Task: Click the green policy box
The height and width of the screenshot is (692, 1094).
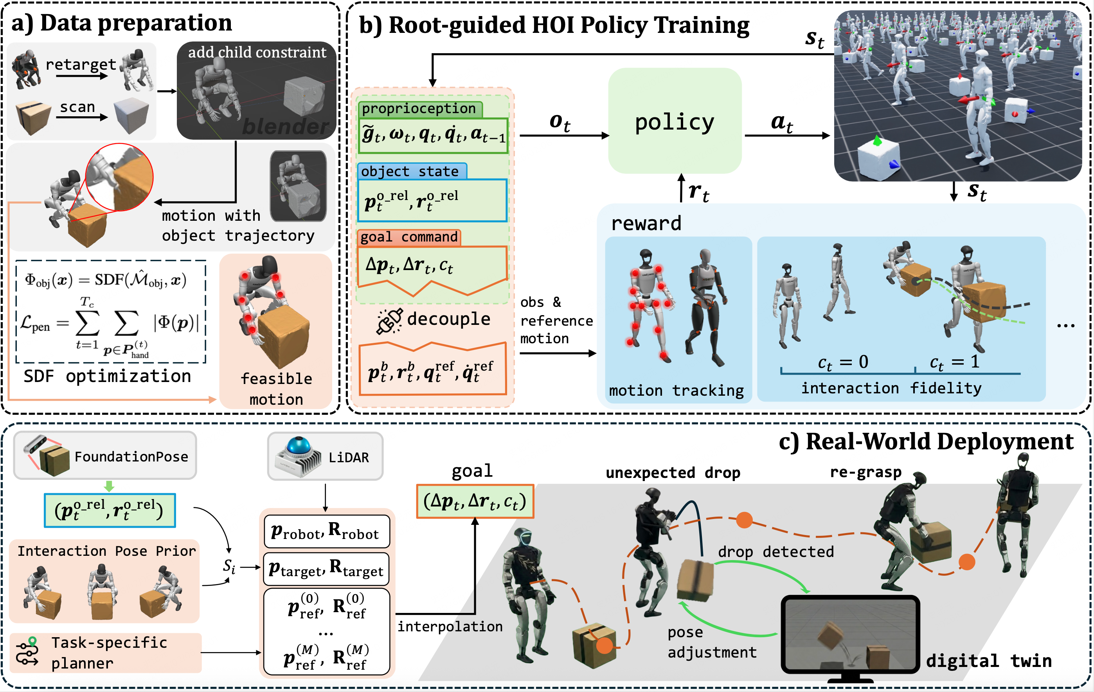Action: coord(674,121)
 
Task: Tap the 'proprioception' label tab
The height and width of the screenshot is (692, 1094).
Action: coord(419,108)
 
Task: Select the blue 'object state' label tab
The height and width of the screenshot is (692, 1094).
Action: coord(410,171)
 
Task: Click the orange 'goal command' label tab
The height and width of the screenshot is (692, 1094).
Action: coord(409,237)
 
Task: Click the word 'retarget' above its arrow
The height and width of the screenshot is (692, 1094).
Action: coord(81,64)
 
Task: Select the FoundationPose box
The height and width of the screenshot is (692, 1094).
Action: coord(105,456)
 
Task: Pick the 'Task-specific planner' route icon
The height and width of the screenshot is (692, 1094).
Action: coord(27,652)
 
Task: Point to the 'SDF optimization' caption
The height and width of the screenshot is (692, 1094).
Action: coord(107,376)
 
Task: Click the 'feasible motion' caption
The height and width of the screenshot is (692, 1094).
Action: coord(276,389)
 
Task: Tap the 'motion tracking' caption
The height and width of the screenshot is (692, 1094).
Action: coord(676,390)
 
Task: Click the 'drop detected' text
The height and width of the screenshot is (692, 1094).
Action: coord(776,551)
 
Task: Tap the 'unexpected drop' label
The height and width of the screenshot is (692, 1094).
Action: coord(673,473)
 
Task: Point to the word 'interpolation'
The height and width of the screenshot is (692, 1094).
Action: coord(450,627)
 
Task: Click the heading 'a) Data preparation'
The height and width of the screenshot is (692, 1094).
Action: coord(122,23)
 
